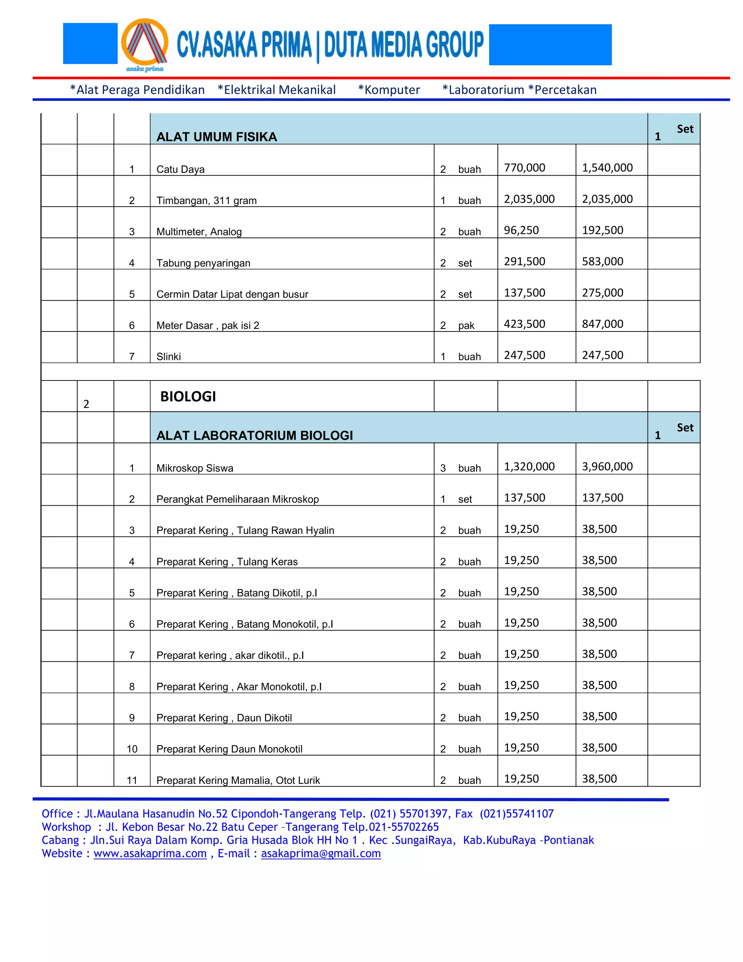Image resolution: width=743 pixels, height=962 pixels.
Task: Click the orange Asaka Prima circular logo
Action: [144, 43]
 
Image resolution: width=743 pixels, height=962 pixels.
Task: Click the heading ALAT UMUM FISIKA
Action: [217, 137]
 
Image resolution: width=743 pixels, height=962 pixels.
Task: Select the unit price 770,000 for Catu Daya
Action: [524, 168]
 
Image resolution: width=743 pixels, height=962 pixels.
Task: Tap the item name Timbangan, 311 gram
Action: [206, 200]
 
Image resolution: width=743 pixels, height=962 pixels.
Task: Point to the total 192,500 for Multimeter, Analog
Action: [602, 231]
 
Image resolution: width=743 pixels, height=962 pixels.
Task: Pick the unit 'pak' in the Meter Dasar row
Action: [466, 326]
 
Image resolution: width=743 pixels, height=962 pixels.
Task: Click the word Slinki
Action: [169, 357]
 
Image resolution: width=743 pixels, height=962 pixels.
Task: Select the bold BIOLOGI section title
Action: [188, 396]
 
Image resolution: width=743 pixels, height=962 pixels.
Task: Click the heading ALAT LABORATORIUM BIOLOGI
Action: [254, 436]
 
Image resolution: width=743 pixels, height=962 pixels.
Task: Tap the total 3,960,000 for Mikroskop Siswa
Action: [607, 466]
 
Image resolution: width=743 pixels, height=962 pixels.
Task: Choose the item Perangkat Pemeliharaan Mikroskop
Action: [237, 499]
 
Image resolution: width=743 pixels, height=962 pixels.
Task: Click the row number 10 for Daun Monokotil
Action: [132, 749]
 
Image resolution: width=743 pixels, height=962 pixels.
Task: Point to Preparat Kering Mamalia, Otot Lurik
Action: [238, 780]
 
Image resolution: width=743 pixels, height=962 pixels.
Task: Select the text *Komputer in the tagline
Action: [389, 90]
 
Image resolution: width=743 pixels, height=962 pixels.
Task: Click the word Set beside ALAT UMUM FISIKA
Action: [685, 129]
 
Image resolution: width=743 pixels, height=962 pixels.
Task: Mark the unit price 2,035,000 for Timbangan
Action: [529, 199]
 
